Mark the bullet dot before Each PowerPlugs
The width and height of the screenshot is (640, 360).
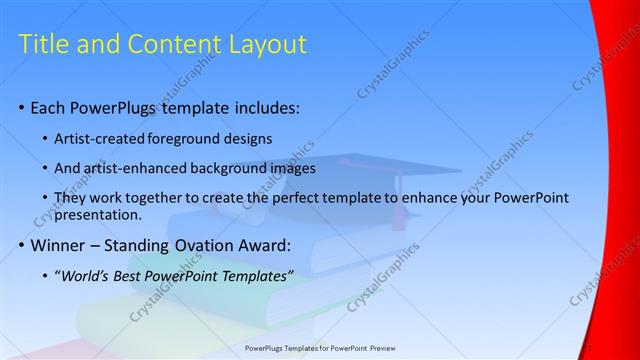click(x=22, y=108)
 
